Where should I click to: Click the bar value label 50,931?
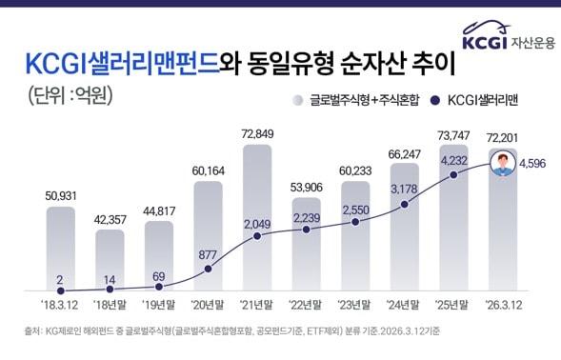[x=60, y=195]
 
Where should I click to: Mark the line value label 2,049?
[x=257, y=223]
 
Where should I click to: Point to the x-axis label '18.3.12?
[x=60, y=307]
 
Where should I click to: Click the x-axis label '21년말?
[x=257, y=307]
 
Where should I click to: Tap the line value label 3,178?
[x=405, y=188]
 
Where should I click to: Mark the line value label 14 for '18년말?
[x=110, y=280]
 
